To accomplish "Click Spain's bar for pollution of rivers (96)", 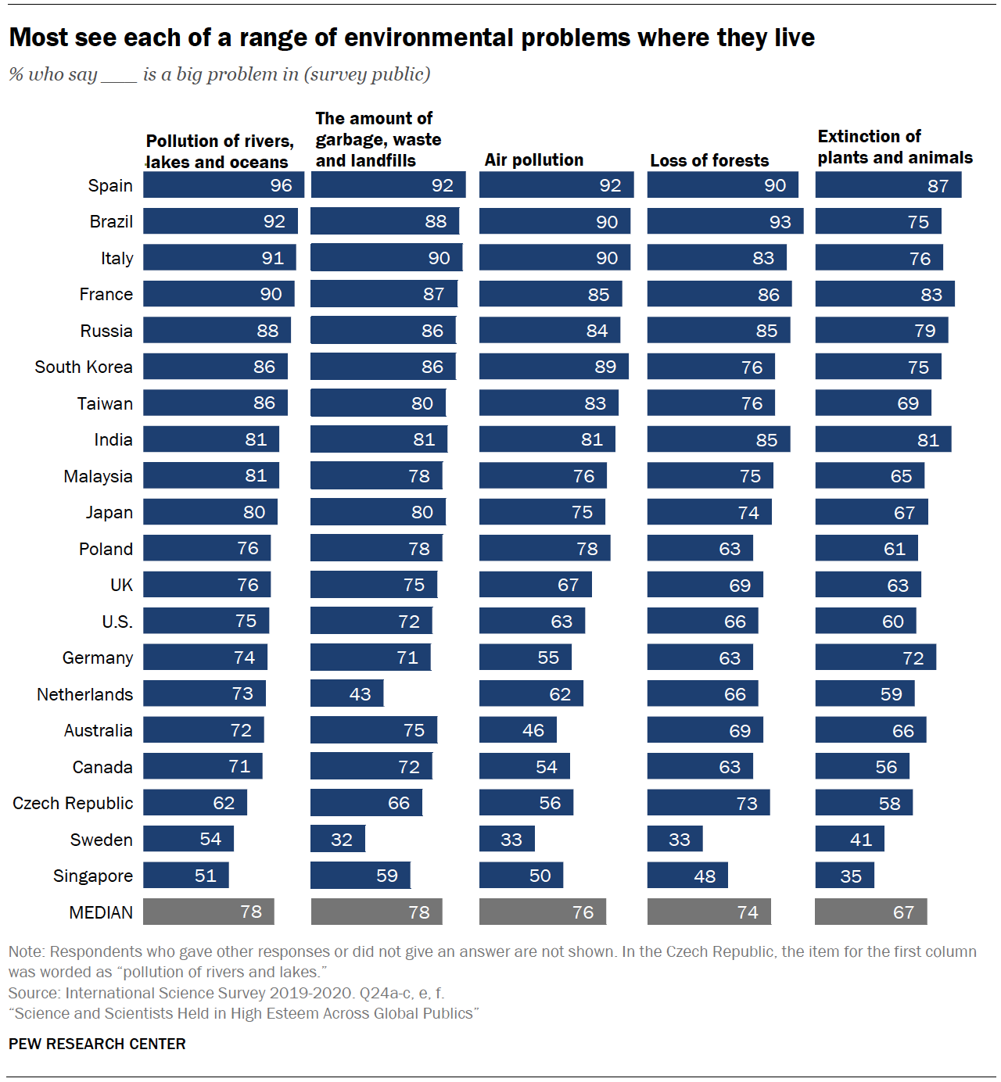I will point(223,185).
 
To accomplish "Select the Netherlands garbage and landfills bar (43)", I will point(346,693).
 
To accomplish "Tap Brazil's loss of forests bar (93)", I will point(725,221).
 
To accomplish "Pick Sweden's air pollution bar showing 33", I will point(507,839).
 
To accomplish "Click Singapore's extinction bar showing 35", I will point(845,876).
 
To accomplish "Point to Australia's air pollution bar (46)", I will point(518,730).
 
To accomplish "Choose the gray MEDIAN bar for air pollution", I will point(542,912).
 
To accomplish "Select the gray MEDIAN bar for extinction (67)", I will point(870,912).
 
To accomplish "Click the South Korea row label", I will point(84,367).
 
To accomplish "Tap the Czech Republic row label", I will point(73,803).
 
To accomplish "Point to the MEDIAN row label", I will point(101,912).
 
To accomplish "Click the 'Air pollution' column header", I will point(534,160).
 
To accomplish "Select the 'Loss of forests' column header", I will point(709,160).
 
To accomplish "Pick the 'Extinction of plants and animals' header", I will point(895,147).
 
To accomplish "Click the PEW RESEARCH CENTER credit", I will point(97,1044).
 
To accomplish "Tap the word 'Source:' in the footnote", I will point(34,993).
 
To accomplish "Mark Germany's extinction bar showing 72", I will point(875,657).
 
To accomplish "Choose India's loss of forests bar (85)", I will point(718,439).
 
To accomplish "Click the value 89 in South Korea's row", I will point(605,367).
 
